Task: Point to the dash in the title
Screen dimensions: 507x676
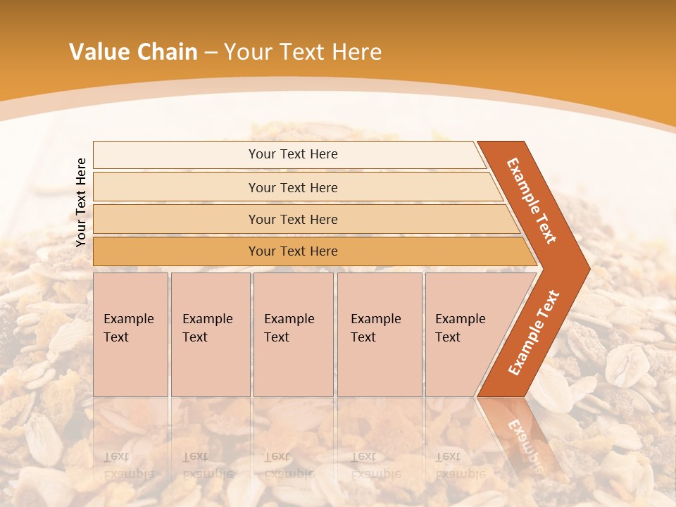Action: click(211, 53)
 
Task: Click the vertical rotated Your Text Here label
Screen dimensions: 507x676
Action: click(81, 202)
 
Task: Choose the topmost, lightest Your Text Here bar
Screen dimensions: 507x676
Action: click(292, 154)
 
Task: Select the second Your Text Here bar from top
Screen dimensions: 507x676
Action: click(292, 187)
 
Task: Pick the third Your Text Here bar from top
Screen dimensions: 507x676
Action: click(292, 220)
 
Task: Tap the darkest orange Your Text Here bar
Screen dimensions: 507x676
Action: click(292, 251)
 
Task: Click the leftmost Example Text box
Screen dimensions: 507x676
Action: click(130, 334)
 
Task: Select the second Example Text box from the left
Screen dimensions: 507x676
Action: click(210, 334)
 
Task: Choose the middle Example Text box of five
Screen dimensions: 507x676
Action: click(293, 334)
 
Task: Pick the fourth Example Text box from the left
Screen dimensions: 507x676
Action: click(380, 334)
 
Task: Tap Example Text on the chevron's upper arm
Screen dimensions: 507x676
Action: click(532, 201)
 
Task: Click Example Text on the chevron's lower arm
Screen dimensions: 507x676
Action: click(534, 333)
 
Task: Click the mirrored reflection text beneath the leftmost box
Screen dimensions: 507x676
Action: click(128, 465)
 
